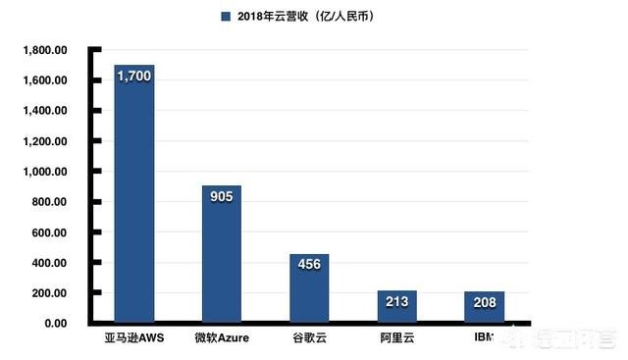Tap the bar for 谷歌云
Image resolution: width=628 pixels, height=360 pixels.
(309, 294)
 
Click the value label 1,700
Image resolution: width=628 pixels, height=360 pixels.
(134, 74)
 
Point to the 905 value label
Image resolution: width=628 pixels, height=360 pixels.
(222, 195)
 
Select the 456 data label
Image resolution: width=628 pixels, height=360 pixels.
(309, 265)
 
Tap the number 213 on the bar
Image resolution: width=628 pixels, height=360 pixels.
(396, 302)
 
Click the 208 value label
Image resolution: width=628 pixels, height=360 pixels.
(485, 302)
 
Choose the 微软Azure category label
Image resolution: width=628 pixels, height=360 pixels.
(222, 339)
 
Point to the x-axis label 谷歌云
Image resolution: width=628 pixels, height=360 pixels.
(309, 339)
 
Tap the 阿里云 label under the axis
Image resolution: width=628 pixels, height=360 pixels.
(396, 339)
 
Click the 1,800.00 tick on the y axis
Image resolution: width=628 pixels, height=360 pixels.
(46, 50)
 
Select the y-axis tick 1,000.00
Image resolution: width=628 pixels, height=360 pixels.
(46, 172)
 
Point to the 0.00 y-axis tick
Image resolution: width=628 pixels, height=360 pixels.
(54, 324)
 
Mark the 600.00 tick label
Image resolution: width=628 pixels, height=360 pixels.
(50, 232)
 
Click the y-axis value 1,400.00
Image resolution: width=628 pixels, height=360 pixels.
(46, 111)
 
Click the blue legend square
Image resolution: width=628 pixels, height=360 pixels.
(226, 16)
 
